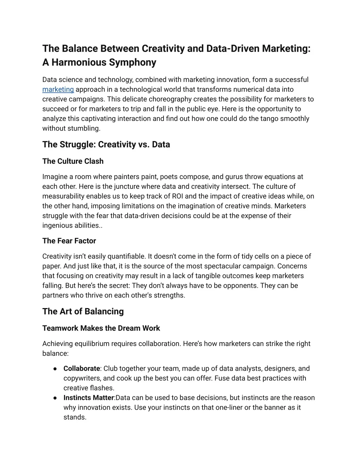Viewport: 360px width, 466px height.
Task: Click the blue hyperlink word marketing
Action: pos(58,90)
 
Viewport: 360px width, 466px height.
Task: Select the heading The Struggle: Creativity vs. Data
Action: pos(106,145)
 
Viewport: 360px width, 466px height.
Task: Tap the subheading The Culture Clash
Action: pos(73,161)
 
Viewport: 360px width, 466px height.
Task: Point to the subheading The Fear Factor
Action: pos(69,241)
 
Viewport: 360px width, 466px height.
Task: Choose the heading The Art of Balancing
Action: pos(83,312)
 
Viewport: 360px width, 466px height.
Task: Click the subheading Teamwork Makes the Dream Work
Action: pos(101,328)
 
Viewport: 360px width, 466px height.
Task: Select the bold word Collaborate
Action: pos(82,369)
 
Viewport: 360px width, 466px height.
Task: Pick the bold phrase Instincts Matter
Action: pos(89,398)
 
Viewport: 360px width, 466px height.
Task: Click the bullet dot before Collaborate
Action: pos(56,369)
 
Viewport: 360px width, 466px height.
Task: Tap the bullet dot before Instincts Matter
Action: pos(56,398)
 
